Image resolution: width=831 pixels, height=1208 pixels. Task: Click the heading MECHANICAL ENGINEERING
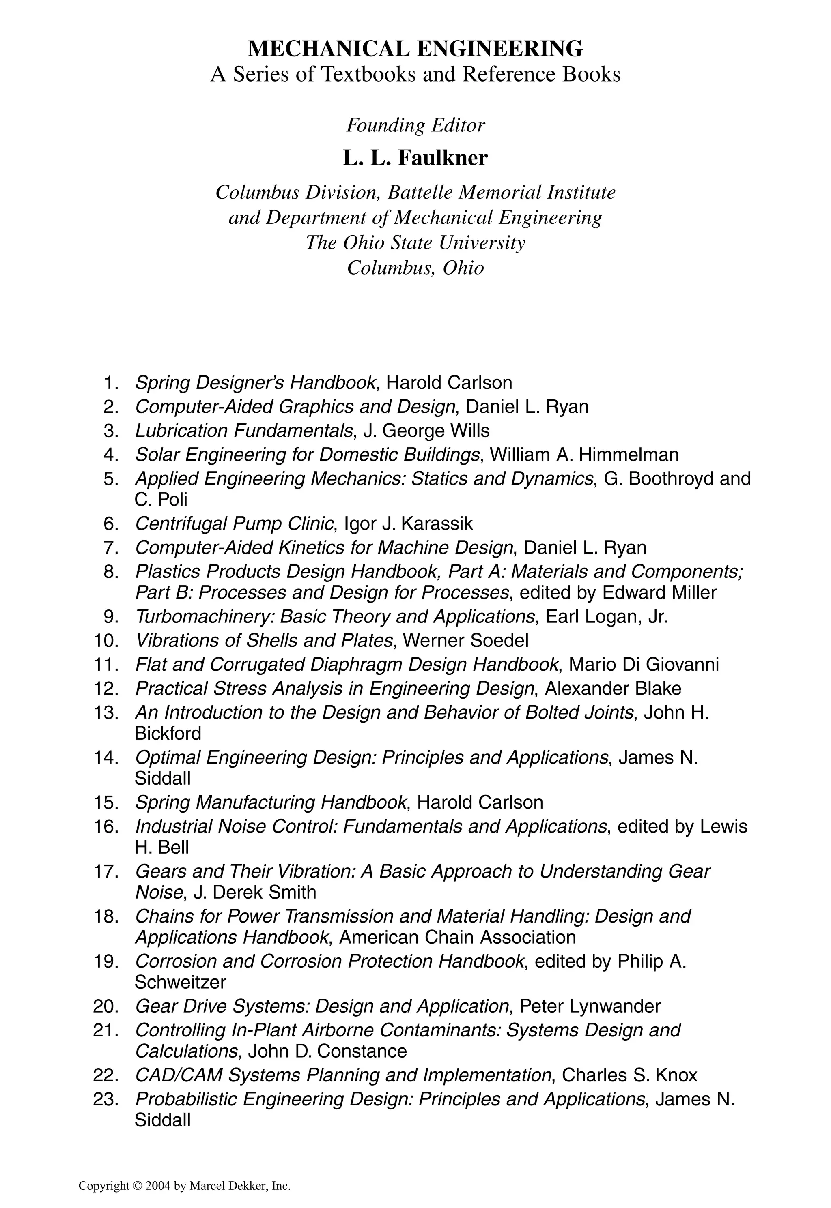(415, 49)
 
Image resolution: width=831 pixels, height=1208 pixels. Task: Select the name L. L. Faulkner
(415, 158)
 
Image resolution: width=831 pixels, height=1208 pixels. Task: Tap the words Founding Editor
(415, 125)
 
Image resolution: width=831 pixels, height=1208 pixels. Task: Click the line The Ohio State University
(415, 243)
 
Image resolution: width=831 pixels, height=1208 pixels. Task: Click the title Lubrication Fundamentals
(243, 431)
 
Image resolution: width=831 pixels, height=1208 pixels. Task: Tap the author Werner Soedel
(465, 640)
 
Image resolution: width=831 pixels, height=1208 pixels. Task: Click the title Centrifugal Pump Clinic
(234, 524)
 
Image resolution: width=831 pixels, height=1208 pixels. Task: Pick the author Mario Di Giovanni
(644, 664)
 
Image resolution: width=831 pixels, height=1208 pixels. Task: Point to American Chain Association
(457, 937)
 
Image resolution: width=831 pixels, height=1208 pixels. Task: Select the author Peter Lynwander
(590, 1006)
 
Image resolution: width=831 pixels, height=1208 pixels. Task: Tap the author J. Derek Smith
(254, 892)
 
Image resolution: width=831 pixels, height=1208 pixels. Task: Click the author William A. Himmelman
(584, 455)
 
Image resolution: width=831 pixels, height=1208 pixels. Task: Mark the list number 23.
(106, 1099)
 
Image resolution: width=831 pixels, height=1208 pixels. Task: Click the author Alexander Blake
(613, 688)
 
